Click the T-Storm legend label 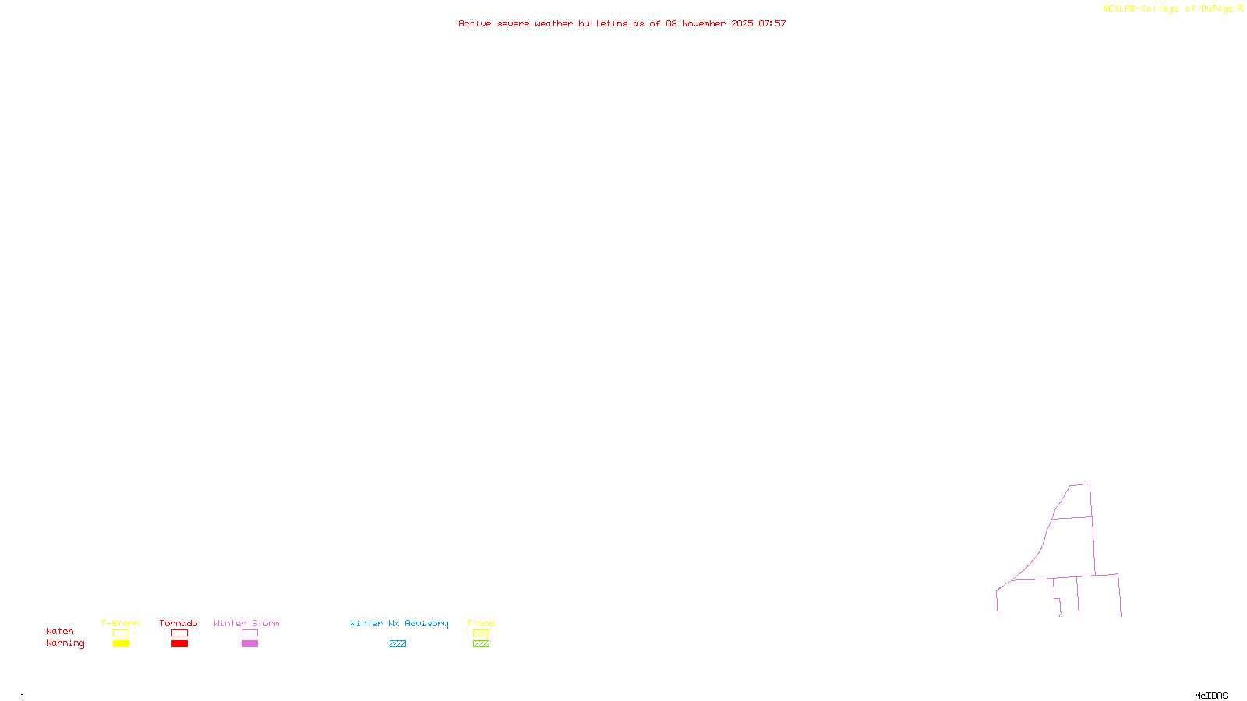click(x=120, y=623)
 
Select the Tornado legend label click(x=178, y=623)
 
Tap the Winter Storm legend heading click(x=246, y=623)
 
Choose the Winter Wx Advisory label click(x=399, y=623)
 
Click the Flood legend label click(x=481, y=623)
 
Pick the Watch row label click(x=60, y=631)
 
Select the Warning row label click(x=65, y=643)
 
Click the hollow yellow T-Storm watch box click(x=121, y=633)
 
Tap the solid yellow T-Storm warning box click(x=121, y=644)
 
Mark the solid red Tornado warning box click(x=179, y=644)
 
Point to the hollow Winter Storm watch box click(x=249, y=633)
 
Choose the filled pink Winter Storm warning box click(x=249, y=644)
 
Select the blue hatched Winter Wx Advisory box click(x=397, y=644)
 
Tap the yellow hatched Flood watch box click(x=481, y=633)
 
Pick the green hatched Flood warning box click(x=481, y=644)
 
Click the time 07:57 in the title click(x=772, y=23)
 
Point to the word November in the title click(x=704, y=23)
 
